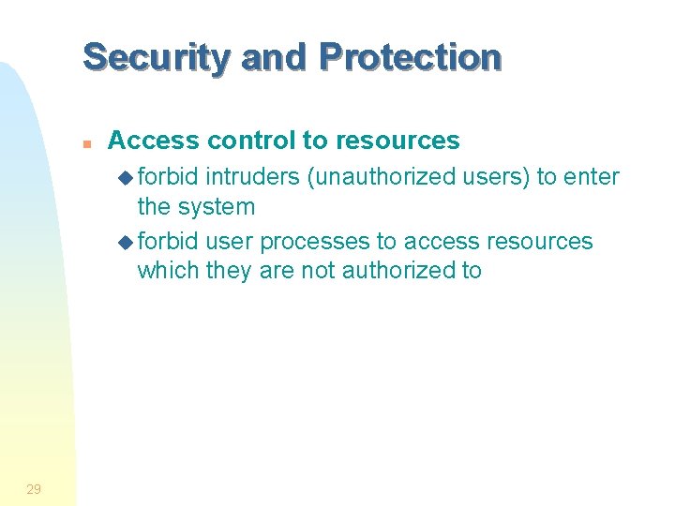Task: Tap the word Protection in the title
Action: [410, 57]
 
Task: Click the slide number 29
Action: [34, 488]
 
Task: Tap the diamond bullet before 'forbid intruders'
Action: [127, 177]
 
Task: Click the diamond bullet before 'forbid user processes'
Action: [127, 242]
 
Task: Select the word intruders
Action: [253, 176]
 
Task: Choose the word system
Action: [217, 206]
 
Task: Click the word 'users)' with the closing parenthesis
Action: [487, 176]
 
